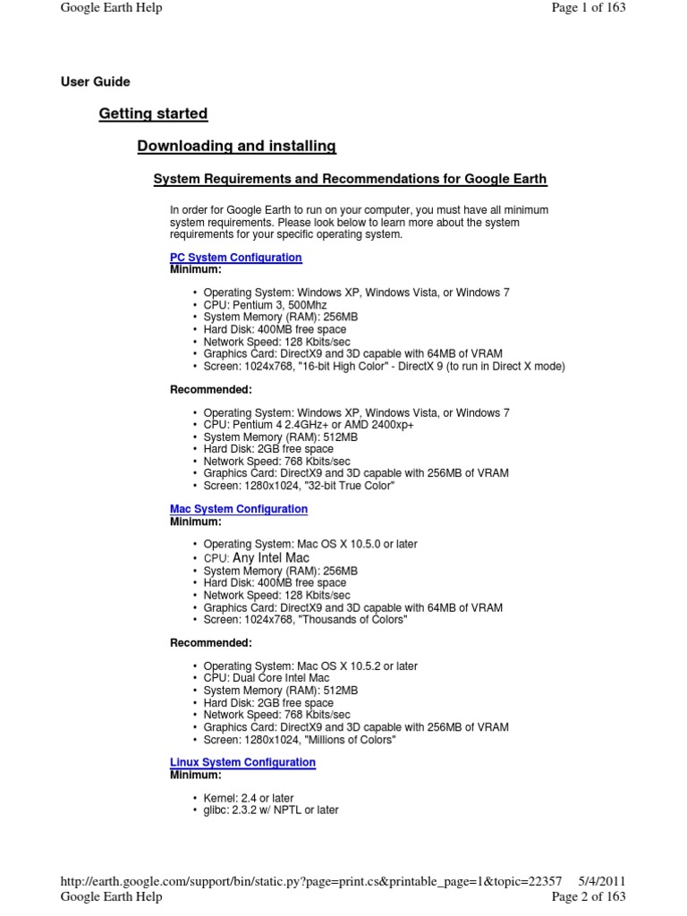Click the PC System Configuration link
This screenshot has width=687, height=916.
pyautogui.click(x=235, y=258)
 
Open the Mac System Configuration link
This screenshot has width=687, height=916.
pyautogui.click(x=238, y=509)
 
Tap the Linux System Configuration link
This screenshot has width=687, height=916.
pyautogui.click(x=242, y=762)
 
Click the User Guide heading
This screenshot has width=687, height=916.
pyautogui.click(x=95, y=82)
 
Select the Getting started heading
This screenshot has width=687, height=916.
pyautogui.click(x=153, y=114)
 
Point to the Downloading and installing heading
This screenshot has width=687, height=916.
pyautogui.click(x=236, y=146)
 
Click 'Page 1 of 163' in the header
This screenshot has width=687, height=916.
pyautogui.click(x=588, y=8)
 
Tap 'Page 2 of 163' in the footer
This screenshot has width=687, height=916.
pyautogui.click(x=588, y=896)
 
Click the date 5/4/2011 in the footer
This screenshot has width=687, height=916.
pyautogui.click(x=602, y=881)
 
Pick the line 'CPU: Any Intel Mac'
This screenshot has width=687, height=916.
pyautogui.click(x=257, y=557)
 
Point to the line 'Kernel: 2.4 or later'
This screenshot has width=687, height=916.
pyautogui.click(x=248, y=798)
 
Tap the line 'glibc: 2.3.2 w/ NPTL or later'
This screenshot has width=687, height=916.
pyautogui.click(x=270, y=810)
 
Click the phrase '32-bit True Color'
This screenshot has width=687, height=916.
pyautogui.click(x=343, y=486)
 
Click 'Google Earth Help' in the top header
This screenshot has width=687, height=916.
pyautogui.click(x=111, y=8)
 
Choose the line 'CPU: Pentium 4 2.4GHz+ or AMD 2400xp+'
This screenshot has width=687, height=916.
pyautogui.click(x=308, y=425)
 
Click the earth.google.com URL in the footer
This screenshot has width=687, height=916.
pyautogui.click(x=310, y=881)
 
